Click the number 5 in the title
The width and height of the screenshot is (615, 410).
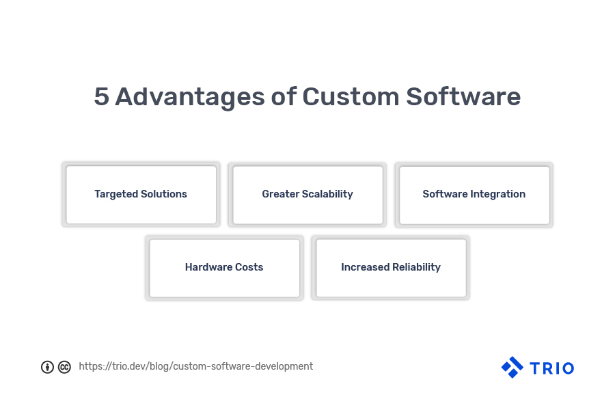[101, 96]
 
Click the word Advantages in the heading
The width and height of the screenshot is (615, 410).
[190, 97]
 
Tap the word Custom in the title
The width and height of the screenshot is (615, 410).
[351, 96]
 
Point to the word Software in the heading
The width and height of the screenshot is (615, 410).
[463, 96]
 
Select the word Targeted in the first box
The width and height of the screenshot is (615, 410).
[116, 194]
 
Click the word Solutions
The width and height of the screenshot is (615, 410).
[164, 194]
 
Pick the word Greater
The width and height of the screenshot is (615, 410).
[280, 194]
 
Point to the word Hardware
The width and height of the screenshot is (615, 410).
[208, 266]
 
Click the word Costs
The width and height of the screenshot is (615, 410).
[249, 267]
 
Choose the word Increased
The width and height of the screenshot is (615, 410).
[365, 266]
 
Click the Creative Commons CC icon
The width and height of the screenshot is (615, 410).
[64, 367]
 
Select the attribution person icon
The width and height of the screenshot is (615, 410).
[47, 367]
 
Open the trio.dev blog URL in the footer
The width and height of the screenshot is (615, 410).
[195, 366]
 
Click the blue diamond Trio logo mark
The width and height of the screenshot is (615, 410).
[512, 367]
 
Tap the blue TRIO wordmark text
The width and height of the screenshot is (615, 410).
[552, 368]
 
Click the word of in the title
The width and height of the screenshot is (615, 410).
[284, 96]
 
